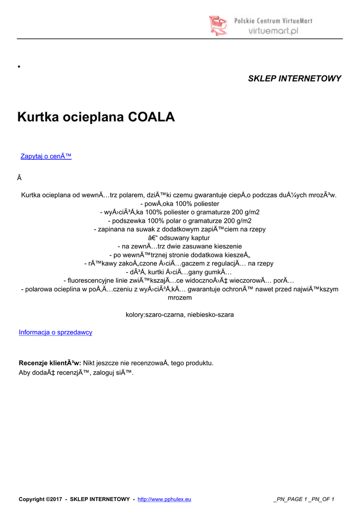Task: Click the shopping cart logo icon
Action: (217, 25)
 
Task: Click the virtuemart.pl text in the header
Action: (273, 31)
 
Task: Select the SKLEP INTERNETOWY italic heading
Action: (294, 78)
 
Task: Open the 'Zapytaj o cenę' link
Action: (46, 156)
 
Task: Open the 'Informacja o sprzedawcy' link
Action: (56, 332)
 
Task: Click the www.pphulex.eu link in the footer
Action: (164, 499)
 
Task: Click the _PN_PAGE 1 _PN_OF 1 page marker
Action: (304, 499)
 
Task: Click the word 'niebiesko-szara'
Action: (211, 315)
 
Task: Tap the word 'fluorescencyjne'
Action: (90, 280)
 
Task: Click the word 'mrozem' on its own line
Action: (180, 298)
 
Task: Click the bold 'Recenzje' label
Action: (32, 363)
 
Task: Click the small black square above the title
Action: (18, 65)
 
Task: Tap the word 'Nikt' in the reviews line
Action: (90, 363)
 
